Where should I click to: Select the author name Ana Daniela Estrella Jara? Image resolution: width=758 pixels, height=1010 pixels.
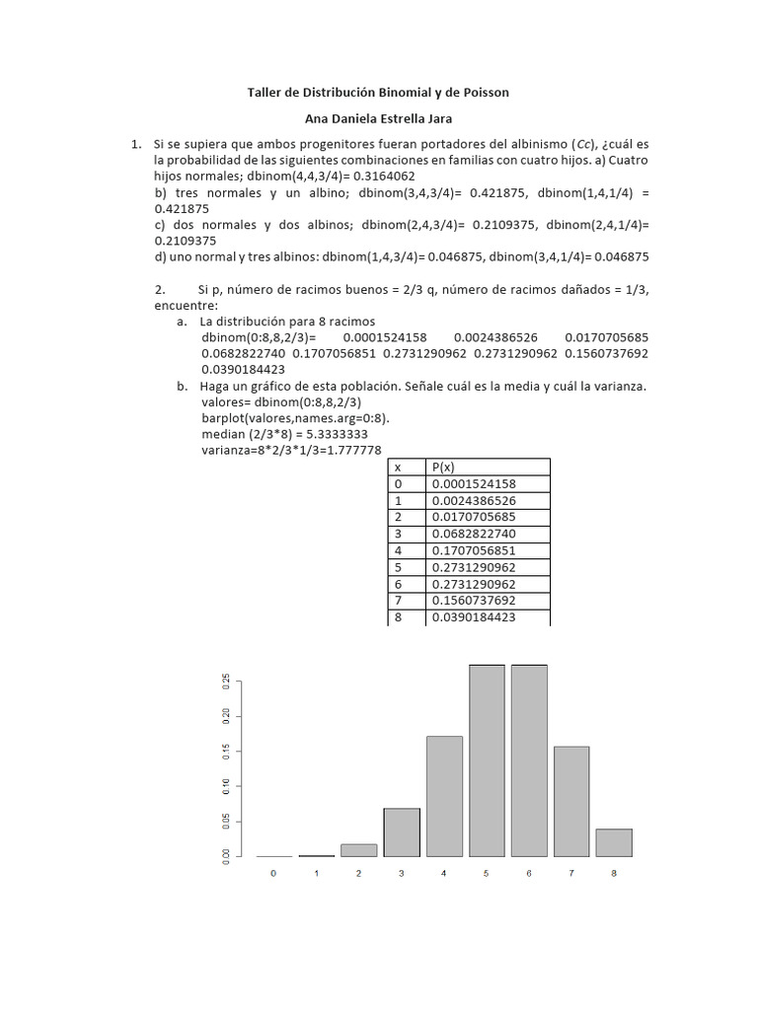click(378, 118)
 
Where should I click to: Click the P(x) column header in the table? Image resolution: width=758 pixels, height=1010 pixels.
click(444, 467)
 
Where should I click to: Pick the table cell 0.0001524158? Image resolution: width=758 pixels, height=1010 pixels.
click(474, 483)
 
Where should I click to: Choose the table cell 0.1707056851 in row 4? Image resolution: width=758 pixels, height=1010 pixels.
click(474, 550)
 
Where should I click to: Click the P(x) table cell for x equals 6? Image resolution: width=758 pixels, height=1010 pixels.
click(474, 584)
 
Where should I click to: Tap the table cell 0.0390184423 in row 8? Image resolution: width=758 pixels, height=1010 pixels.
click(474, 617)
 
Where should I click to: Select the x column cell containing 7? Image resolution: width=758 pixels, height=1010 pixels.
click(399, 601)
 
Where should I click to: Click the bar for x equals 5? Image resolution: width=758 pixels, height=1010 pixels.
click(487, 760)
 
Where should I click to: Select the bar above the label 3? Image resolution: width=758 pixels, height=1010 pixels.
click(402, 831)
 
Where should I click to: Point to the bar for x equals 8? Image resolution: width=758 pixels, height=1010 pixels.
click(614, 842)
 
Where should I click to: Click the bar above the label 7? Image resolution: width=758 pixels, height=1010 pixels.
click(571, 801)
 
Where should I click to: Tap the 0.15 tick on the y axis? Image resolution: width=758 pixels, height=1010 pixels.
click(226, 752)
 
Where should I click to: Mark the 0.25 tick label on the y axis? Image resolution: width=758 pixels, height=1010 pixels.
click(226, 681)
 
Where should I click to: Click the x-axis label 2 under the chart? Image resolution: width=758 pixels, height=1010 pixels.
click(358, 874)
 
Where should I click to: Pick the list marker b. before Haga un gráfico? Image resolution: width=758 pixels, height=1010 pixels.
click(182, 387)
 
